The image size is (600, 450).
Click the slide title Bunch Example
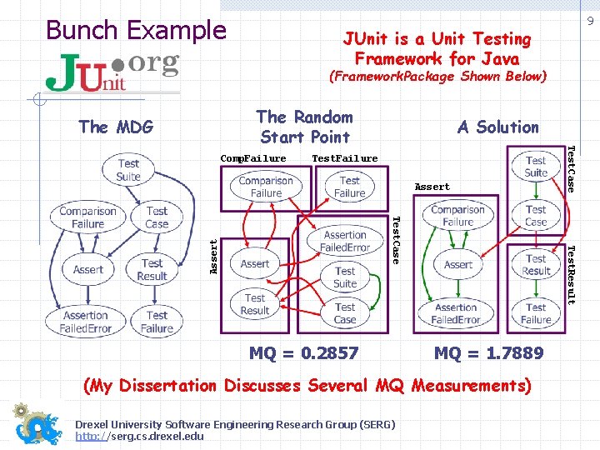tap(136, 30)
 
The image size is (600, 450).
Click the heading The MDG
tap(116, 127)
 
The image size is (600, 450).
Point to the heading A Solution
tap(498, 127)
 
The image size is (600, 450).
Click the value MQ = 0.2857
tap(304, 352)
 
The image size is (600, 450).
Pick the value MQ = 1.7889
tap(488, 352)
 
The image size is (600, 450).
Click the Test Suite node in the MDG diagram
tap(128, 170)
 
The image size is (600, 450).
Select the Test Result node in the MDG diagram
tap(152, 269)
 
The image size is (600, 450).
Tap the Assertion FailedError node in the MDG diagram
tap(86, 322)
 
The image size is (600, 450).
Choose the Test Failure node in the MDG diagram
tap(157, 322)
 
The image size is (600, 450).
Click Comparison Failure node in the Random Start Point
tap(266, 187)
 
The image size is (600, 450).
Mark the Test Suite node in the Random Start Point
tap(345, 277)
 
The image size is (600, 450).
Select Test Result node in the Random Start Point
tap(255, 304)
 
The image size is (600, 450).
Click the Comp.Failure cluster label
tap(253, 158)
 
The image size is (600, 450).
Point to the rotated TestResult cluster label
tap(571, 274)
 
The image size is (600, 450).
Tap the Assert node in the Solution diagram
tap(458, 264)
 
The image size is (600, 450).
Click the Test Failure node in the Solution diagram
tap(536, 313)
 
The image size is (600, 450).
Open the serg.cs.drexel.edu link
tap(139, 436)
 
